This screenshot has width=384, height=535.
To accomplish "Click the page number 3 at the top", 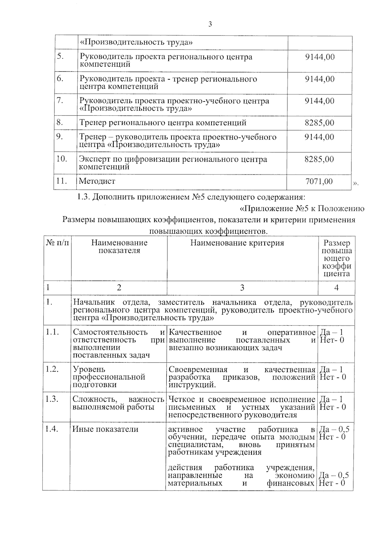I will click(x=210, y=24).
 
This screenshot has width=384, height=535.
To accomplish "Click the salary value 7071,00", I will click(x=319, y=181).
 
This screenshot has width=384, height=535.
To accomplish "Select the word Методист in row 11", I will click(x=97, y=181).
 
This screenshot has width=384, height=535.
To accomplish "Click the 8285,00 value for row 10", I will click(x=319, y=159).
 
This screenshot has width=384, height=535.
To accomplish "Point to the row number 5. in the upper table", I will click(x=60, y=56).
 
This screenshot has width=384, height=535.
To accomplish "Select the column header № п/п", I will click(x=57, y=243).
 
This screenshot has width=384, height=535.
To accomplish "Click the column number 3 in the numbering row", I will click(x=242, y=288).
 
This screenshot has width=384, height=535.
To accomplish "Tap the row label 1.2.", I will click(x=52, y=369).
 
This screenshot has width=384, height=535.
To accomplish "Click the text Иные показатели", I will click(x=105, y=429).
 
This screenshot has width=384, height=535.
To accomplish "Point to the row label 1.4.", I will click(x=52, y=429).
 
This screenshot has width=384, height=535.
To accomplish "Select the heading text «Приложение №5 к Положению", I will click(x=302, y=209).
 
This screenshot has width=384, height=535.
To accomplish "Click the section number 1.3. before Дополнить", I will click(x=84, y=197).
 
